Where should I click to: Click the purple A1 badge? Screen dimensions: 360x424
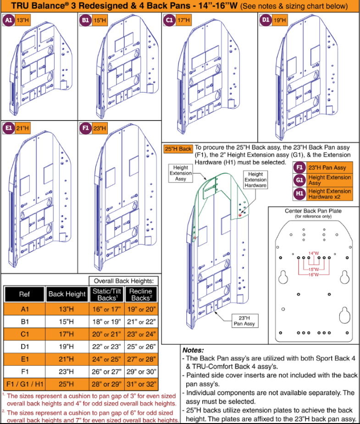pyautogui.click(x=9, y=20)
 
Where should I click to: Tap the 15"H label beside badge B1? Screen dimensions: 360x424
pyautogui.click(x=100, y=20)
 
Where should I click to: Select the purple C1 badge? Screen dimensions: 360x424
pyautogui.click(x=169, y=20)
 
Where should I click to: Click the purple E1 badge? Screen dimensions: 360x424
pyautogui.click(x=9, y=128)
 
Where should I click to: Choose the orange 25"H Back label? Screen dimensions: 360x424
pyautogui.click(x=178, y=149)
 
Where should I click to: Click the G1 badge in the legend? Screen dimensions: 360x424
pyautogui.click(x=299, y=180)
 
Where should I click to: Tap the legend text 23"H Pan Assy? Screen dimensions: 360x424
pyautogui.click(x=327, y=168)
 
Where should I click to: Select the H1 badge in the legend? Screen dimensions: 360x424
pyautogui.click(x=299, y=193)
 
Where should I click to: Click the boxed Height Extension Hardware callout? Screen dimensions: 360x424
pyautogui.click(x=255, y=180)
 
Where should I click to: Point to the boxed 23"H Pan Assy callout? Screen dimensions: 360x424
pyautogui.click(x=244, y=321)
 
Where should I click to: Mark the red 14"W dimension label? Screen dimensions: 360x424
pyautogui.click(x=314, y=253)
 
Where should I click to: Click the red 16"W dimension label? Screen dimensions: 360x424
pyautogui.click(x=314, y=275)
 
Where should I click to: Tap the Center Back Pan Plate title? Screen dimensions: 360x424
pyautogui.click(x=313, y=211)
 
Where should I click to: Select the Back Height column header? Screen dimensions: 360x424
pyautogui.click(x=67, y=294)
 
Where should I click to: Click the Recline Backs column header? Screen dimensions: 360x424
pyautogui.click(x=141, y=294)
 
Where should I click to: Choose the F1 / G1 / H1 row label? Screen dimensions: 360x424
pyautogui.click(x=25, y=384)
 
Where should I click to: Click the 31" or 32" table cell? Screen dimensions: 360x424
pyautogui.click(x=141, y=384)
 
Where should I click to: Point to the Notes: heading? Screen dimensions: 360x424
pyautogui.click(x=193, y=350)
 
